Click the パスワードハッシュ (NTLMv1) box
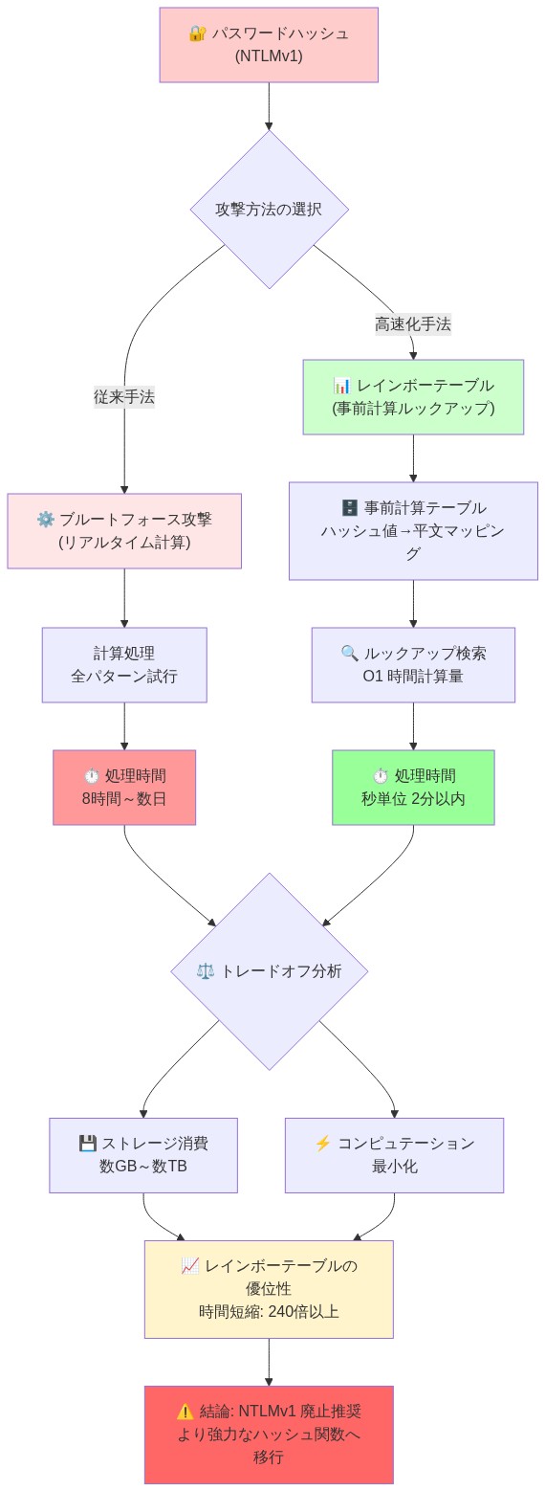[x=269, y=45]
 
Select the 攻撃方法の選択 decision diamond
[x=269, y=209]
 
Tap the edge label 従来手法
[x=124, y=397]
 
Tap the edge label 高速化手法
[x=413, y=324]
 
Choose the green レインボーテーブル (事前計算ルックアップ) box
[x=413, y=397]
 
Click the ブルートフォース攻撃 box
[x=124, y=531]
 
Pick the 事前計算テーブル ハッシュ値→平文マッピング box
[x=413, y=531]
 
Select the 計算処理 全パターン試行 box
[x=124, y=665]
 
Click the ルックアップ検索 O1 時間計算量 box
[x=413, y=665]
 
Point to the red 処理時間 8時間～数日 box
[x=124, y=788]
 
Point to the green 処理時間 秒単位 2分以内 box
[x=413, y=788]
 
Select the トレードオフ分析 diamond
[x=270, y=971]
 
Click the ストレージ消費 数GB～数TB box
[x=143, y=1155]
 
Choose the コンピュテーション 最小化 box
[x=394, y=1155]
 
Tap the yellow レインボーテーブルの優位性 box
[x=269, y=1289]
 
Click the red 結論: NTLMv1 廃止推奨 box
[x=269, y=1435]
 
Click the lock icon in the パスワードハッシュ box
[x=197, y=33]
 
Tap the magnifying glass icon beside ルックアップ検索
[x=350, y=654]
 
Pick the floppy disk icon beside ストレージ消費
[x=87, y=1144]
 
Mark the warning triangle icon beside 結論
[x=185, y=1412]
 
